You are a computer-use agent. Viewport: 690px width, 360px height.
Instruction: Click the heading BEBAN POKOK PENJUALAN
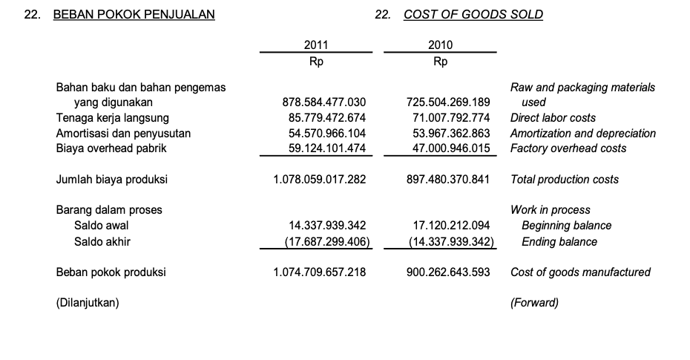[134, 14]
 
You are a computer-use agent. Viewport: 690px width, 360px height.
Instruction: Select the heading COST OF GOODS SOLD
[473, 14]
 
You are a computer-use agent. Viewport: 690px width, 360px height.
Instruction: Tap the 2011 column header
[316, 45]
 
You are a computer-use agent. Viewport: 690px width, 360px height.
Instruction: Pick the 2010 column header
[440, 45]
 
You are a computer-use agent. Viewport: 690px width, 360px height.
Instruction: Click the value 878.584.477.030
[325, 102]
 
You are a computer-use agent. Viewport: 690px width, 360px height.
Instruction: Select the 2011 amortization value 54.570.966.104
[327, 134]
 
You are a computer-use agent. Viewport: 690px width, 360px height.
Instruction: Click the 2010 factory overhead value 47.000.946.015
[451, 148]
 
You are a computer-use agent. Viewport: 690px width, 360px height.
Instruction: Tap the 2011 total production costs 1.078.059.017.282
[320, 180]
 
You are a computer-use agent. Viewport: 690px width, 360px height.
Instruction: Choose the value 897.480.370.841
[448, 180]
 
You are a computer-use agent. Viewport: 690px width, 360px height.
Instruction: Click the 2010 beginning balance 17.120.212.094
[451, 226]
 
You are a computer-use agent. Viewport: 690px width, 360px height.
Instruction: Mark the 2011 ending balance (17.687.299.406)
[327, 241]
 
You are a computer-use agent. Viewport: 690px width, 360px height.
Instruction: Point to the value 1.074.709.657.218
[320, 272]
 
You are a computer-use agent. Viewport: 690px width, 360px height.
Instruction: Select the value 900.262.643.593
[448, 272]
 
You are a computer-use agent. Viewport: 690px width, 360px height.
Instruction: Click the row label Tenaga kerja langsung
[113, 118]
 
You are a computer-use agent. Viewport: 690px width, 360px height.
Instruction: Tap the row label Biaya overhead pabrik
[111, 148]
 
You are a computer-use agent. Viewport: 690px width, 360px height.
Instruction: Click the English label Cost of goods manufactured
[580, 272]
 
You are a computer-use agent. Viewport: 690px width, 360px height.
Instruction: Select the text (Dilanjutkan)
[88, 303]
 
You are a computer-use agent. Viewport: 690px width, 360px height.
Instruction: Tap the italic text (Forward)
[534, 303]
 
